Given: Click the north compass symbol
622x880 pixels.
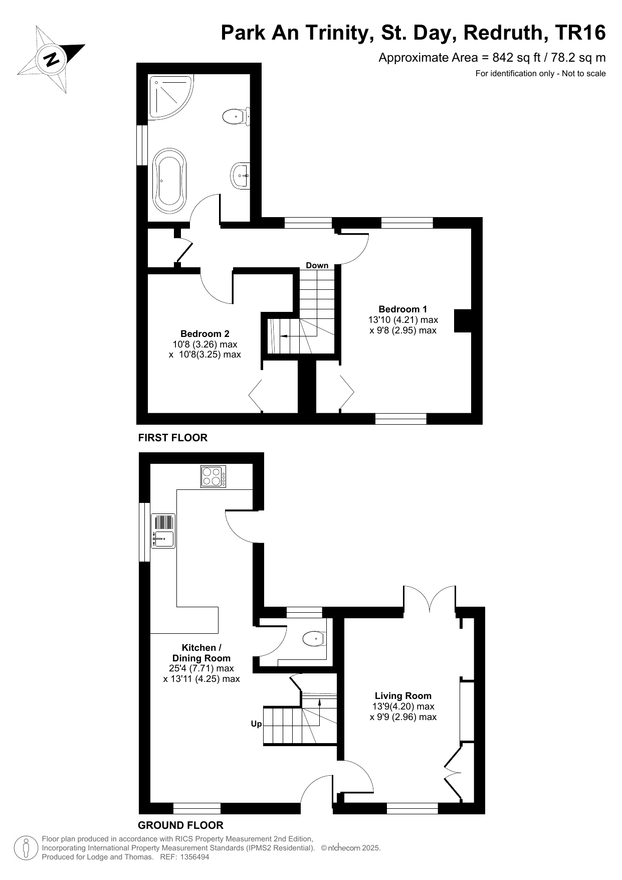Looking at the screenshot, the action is pyautogui.click(x=51, y=59).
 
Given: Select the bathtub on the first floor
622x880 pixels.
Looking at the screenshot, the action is pyautogui.click(x=169, y=180).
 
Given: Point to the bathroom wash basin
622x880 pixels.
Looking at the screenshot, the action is pyautogui.click(x=242, y=176).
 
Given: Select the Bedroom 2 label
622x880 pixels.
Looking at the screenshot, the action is pyautogui.click(x=205, y=333).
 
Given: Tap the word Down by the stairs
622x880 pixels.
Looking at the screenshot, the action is pyautogui.click(x=317, y=265).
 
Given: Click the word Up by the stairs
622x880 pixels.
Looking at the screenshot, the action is pyautogui.click(x=256, y=724).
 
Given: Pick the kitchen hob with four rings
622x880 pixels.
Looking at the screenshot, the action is pyautogui.click(x=214, y=476).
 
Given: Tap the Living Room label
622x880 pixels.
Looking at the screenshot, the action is pyautogui.click(x=403, y=695).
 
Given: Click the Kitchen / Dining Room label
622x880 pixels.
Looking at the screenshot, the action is pyautogui.click(x=201, y=653).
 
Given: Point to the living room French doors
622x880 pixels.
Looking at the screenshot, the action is pyautogui.click(x=430, y=598).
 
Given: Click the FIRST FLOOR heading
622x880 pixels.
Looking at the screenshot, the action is pyautogui.click(x=173, y=438).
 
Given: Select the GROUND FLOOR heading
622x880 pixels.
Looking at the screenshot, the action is pyautogui.click(x=180, y=825).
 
